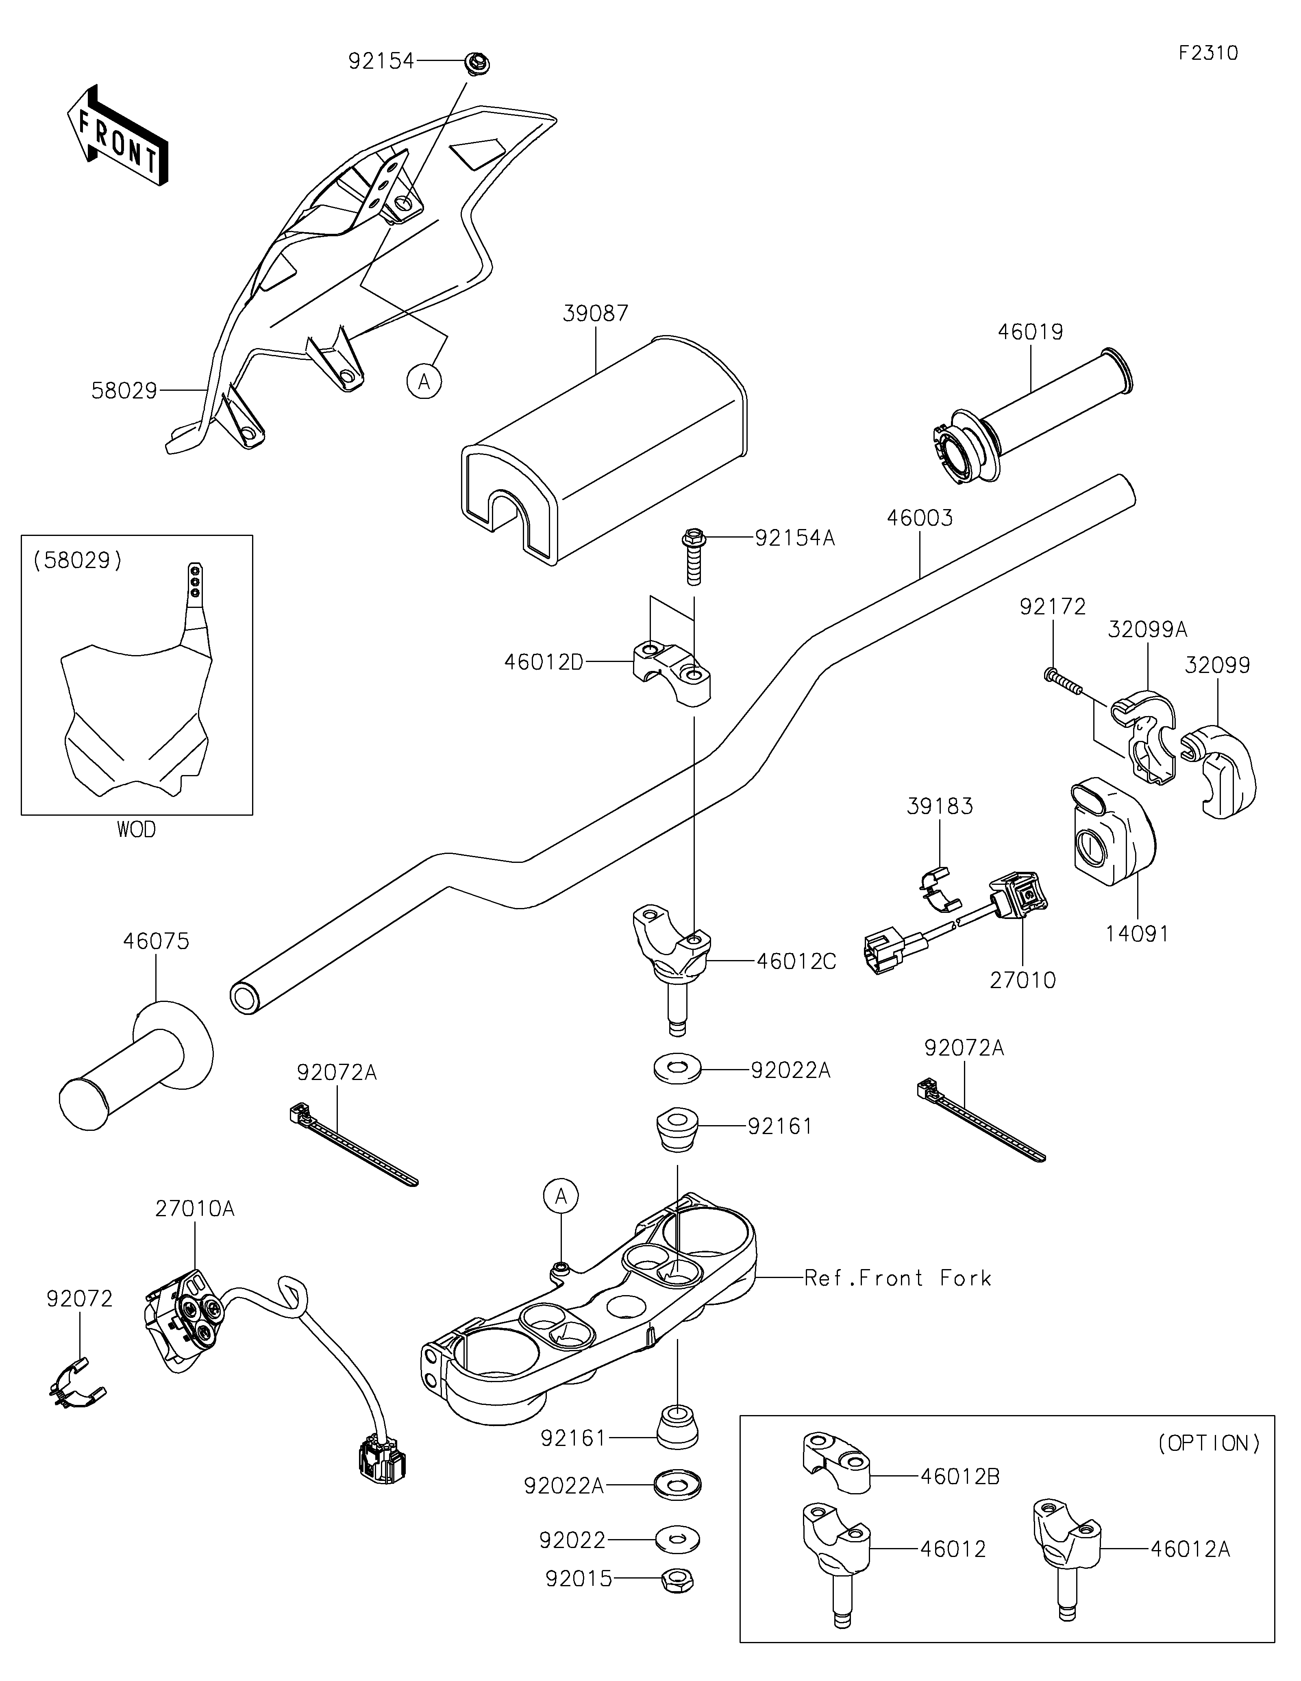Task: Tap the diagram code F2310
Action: click(1208, 53)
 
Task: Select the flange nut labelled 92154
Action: click(478, 61)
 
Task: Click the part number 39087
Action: click(596, 313)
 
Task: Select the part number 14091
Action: click(1136, 934)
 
